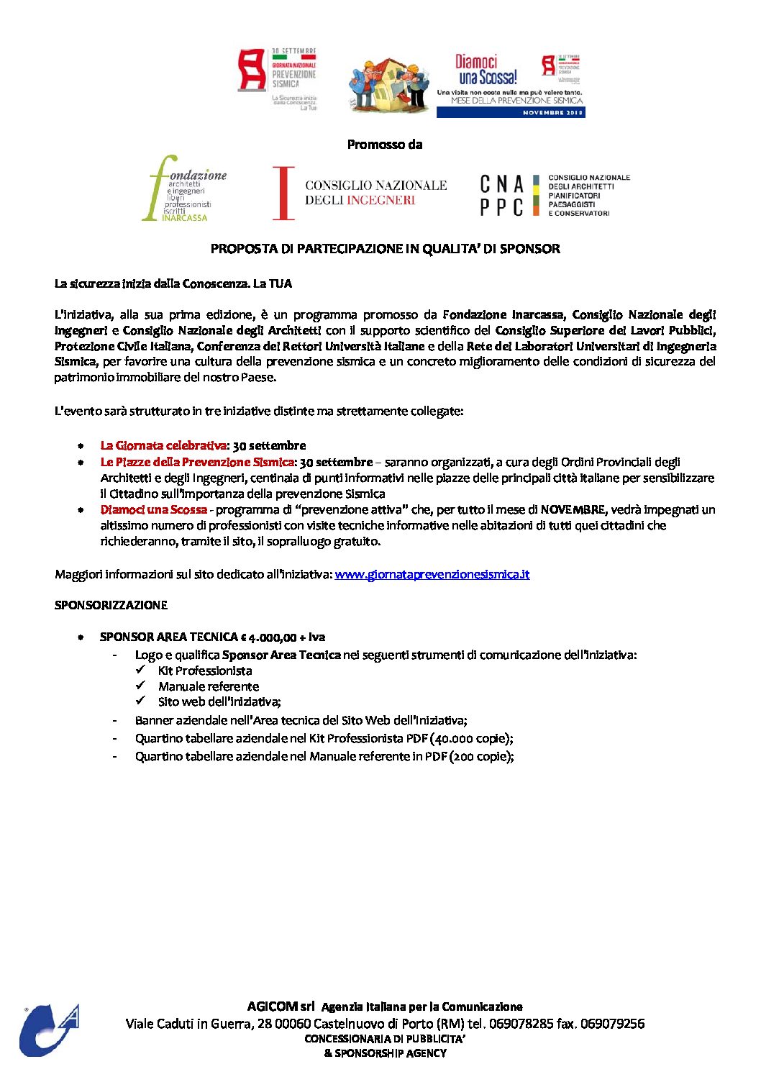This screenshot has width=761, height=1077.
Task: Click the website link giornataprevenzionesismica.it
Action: (x=432, y=574)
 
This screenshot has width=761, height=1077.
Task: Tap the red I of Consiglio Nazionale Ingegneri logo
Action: (x=284, y=193)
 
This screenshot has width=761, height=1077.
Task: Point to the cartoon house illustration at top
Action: (x=389, y=85)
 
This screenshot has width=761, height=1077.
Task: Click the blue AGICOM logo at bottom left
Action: (x=48, y=1030)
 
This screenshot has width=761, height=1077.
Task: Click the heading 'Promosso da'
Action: (x=384, y=145)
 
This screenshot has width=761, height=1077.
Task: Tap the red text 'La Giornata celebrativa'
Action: (x=163, y=445)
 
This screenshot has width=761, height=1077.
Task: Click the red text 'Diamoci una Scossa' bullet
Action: (x=153, y=509)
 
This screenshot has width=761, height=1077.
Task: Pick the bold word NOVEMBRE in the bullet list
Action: (x=573, y=509)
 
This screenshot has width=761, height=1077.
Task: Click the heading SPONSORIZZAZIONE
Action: (x=111, y=605)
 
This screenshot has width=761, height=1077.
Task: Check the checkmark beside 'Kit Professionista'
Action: (x=141, y=670)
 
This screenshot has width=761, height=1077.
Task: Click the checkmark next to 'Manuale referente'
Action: (x=141, y=686)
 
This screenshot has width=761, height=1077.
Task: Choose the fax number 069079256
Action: (x=612, y=1023)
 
